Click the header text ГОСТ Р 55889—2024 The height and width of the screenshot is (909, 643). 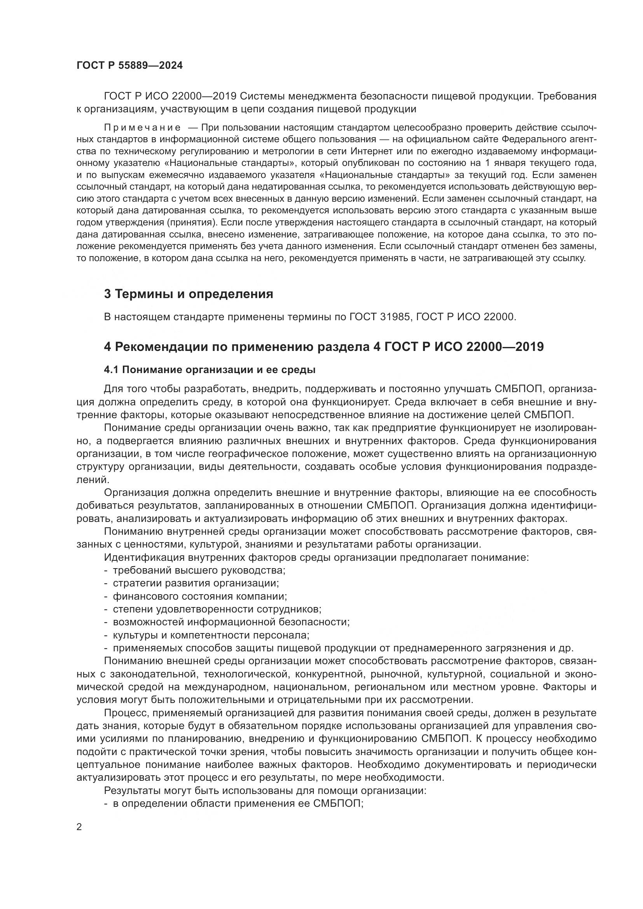coord(129,66)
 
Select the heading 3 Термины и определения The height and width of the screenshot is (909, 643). coord(189,294)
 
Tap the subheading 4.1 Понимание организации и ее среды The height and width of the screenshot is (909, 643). coord(210,370)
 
